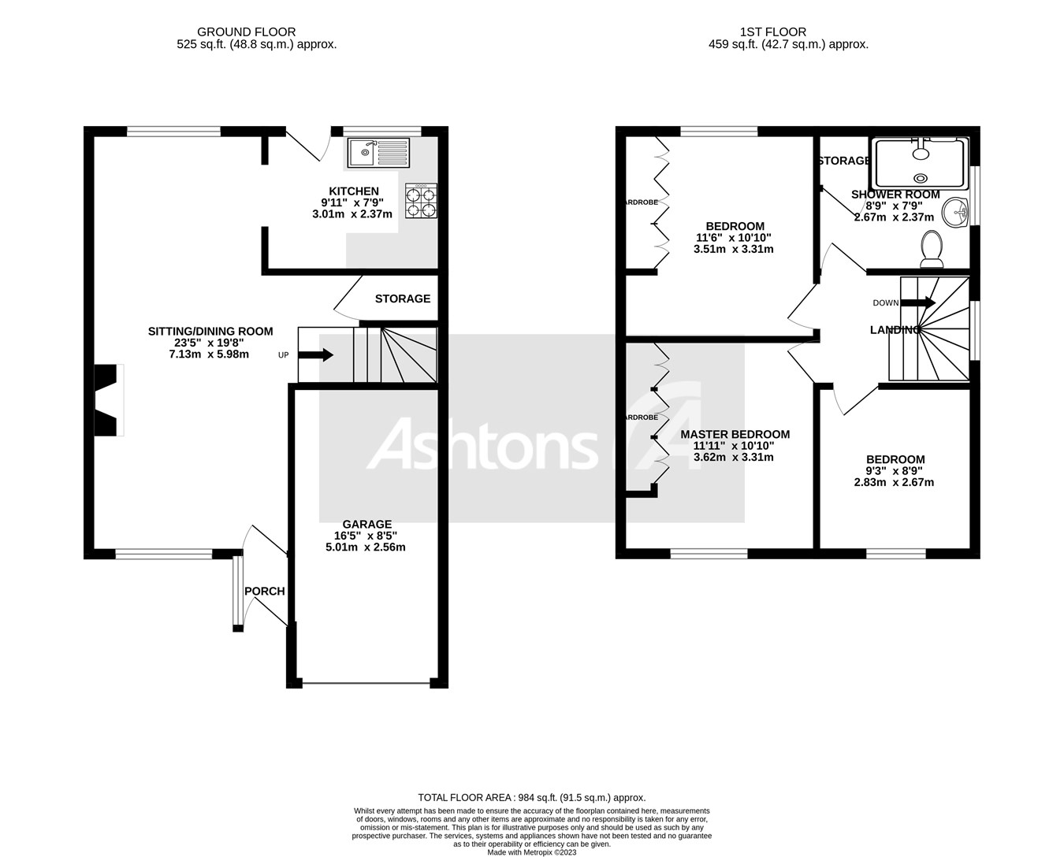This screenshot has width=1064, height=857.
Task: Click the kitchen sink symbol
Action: click(x=378, y=152)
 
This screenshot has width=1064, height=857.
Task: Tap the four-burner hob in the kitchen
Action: click(x=422, y=200)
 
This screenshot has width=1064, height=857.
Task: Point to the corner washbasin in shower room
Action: click(x=958, y=212)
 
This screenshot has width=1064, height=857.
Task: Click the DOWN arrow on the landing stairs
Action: click(x=917, y=302)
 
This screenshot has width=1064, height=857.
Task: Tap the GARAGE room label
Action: click(x=366, y=524)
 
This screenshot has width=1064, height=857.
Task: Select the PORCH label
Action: click(x=264, y=592)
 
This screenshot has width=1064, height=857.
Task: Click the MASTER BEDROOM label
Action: click(x=735, y=434)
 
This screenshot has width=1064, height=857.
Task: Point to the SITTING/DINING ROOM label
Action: click(x=210, y=332)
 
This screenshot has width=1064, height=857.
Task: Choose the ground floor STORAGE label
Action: click(x=403, y=299)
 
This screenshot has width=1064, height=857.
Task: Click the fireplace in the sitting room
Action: click(x=109, y=399)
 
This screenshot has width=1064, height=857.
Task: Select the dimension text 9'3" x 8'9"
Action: click(x=895, y=471)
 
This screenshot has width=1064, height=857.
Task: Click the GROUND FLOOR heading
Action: click(x=247, y=32)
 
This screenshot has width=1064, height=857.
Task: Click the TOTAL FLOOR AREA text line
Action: click(x=531, y=797)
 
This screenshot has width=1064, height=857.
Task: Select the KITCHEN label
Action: click(x=354, y=191)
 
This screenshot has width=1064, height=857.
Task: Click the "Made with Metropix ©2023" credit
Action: click(x=531, y=851)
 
